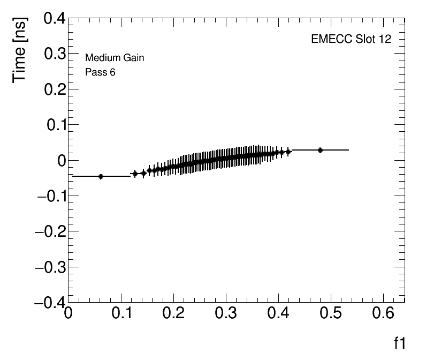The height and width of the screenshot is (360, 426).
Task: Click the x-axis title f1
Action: click(x=400, y=343)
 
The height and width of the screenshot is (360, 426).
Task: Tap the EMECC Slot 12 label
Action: click(x=351, y=40)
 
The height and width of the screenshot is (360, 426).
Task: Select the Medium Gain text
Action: click(x=115, y=58)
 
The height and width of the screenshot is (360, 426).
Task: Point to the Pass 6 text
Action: click(x=100, y=72)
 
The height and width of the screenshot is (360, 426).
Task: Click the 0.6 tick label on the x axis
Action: click(x=383, y=314)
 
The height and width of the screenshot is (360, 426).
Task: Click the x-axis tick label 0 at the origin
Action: click(x=69, y=314)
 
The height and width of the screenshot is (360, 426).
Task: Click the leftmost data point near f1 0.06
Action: click(x=101, y=176)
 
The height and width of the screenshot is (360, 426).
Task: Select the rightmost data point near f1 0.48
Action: click(x=320, y=150)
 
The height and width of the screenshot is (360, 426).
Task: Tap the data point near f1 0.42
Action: click(x=288, y=152)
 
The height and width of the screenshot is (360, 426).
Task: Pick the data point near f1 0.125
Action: click(x=135, y=174)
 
